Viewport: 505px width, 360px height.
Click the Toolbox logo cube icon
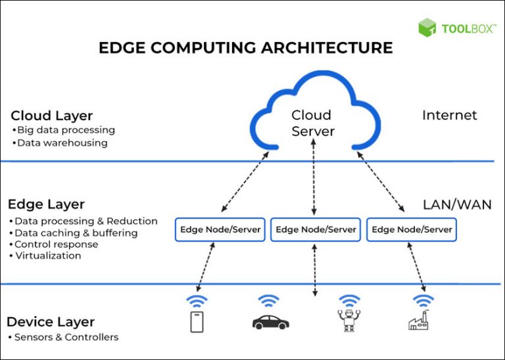(x=427, y=28)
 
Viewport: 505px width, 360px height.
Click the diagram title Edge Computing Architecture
(x=245, y=48)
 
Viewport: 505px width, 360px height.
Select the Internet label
(x=449, y=116)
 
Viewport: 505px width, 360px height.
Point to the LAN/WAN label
(x=456, y=205)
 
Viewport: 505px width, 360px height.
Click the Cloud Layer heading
(x=52, y=116)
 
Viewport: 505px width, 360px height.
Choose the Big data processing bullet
(x=65, y=130)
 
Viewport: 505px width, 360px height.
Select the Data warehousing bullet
(x=61, y=143)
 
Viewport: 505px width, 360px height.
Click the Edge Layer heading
(x=46, y=204)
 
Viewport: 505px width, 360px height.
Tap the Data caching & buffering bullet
(x=76, y=233)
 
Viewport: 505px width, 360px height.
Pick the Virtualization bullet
(x=47, y=256)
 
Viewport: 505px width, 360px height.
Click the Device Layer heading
(x=51, y=322)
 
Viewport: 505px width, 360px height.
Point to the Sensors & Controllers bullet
(x=64, y=337)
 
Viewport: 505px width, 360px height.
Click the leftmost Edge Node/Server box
(x=220, y=229)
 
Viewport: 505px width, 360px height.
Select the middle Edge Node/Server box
(x=316, y=229)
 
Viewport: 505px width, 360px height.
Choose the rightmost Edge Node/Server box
(x=412, y=229)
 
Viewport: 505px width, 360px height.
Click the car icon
(x=270, y=321)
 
